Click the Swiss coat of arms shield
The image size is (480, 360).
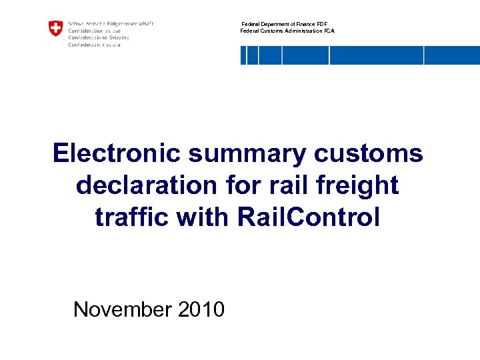pyautogui.click(x=55, y=28)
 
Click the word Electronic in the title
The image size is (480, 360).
pyautogui.click(x=117, y=153)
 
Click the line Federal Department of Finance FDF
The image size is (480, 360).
pyautogui.click(x=284, y=24)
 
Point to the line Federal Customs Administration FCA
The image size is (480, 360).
pyautogui.click(x=287, y=31)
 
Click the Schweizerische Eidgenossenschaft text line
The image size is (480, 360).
pyautogui.click(x=111, y=23)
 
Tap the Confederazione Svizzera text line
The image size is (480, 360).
pyautogui.click(x=99, y=37)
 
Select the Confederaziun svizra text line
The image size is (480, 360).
pyautogui.click(x=95, y=44)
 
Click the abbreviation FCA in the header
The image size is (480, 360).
pyautogui.click(x=329, y=31)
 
